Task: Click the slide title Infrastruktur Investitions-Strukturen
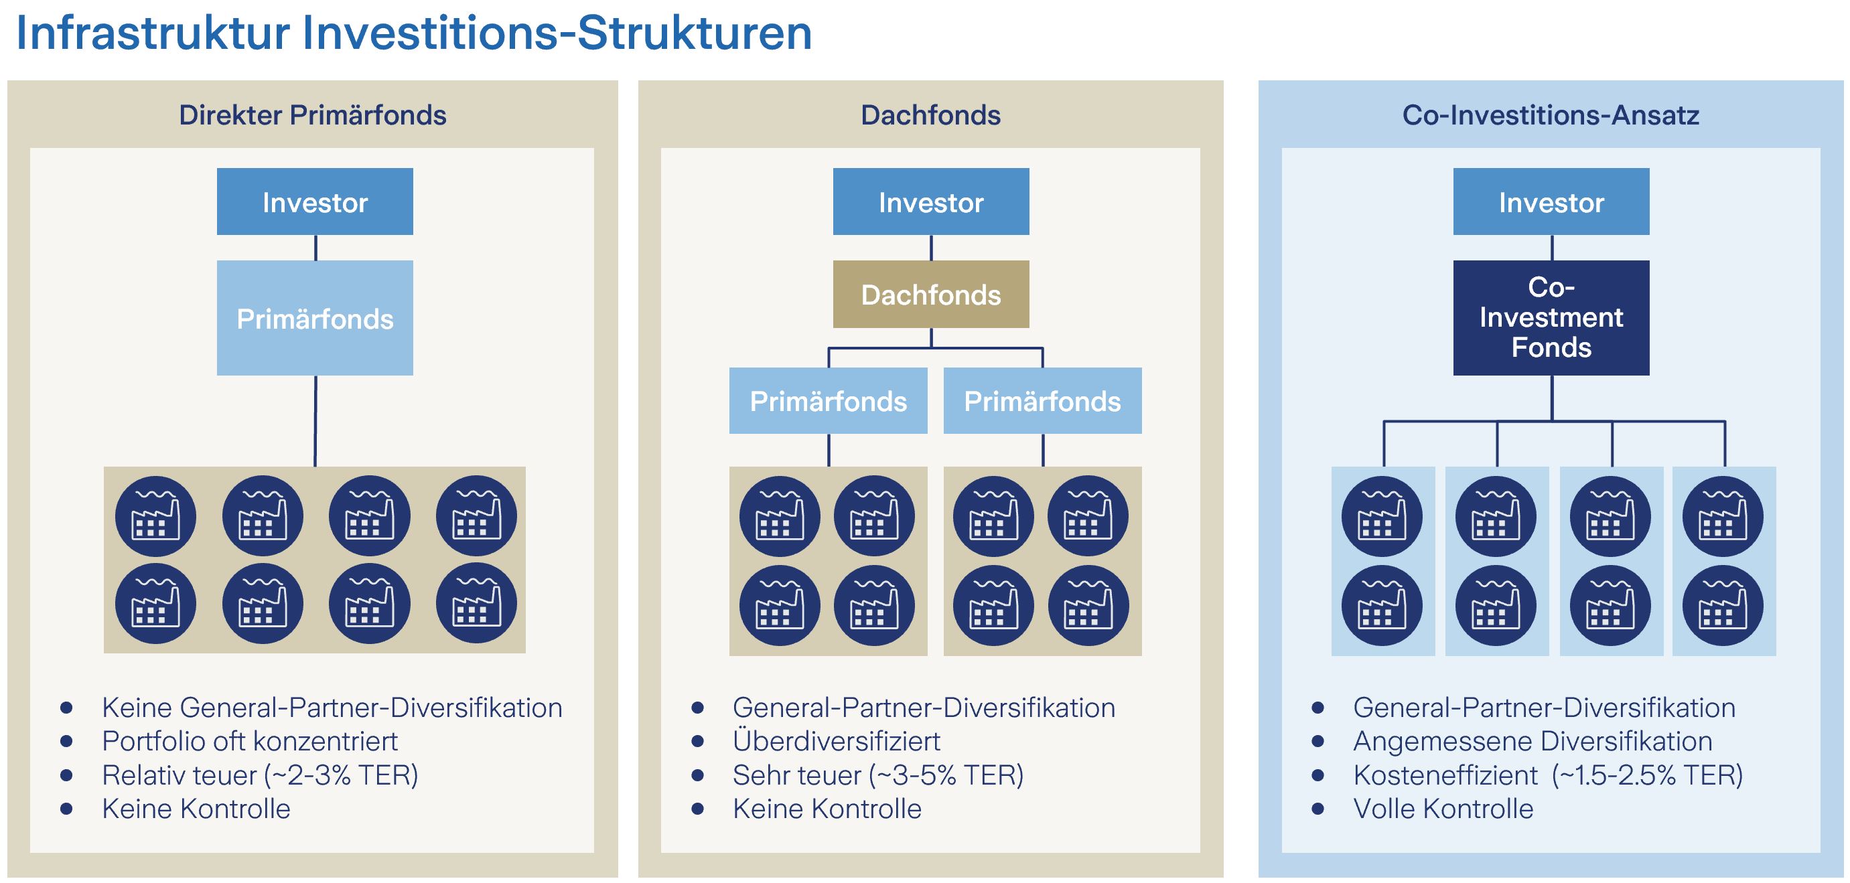tap(414, 33)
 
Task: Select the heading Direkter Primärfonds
tap(312, 115)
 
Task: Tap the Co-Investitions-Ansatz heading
tap(1551, 115)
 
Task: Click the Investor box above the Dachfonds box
tap(931, 202)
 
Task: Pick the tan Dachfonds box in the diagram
tap(931, 295)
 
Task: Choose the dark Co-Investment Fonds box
tap(1551, 317)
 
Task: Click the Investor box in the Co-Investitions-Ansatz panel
tap(1551, 202)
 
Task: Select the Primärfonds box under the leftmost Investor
tap(315, 317)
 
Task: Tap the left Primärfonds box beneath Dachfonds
tap(828, 400)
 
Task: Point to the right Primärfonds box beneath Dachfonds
tap(1042, 400)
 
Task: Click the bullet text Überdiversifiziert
tap(837, 741)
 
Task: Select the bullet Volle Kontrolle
tap(1443, 808)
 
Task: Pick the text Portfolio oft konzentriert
tap(250, 741)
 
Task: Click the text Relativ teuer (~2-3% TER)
tap(260, 775)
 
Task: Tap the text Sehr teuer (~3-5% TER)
tap(878, 775)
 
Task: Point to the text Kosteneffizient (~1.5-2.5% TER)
tap(1549, 775)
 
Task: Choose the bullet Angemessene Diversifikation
tap(1533, 741)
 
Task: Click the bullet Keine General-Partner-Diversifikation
tap(332, 708)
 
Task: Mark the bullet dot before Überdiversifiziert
tap(697, 742)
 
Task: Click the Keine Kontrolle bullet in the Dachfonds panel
tap(827, 808)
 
